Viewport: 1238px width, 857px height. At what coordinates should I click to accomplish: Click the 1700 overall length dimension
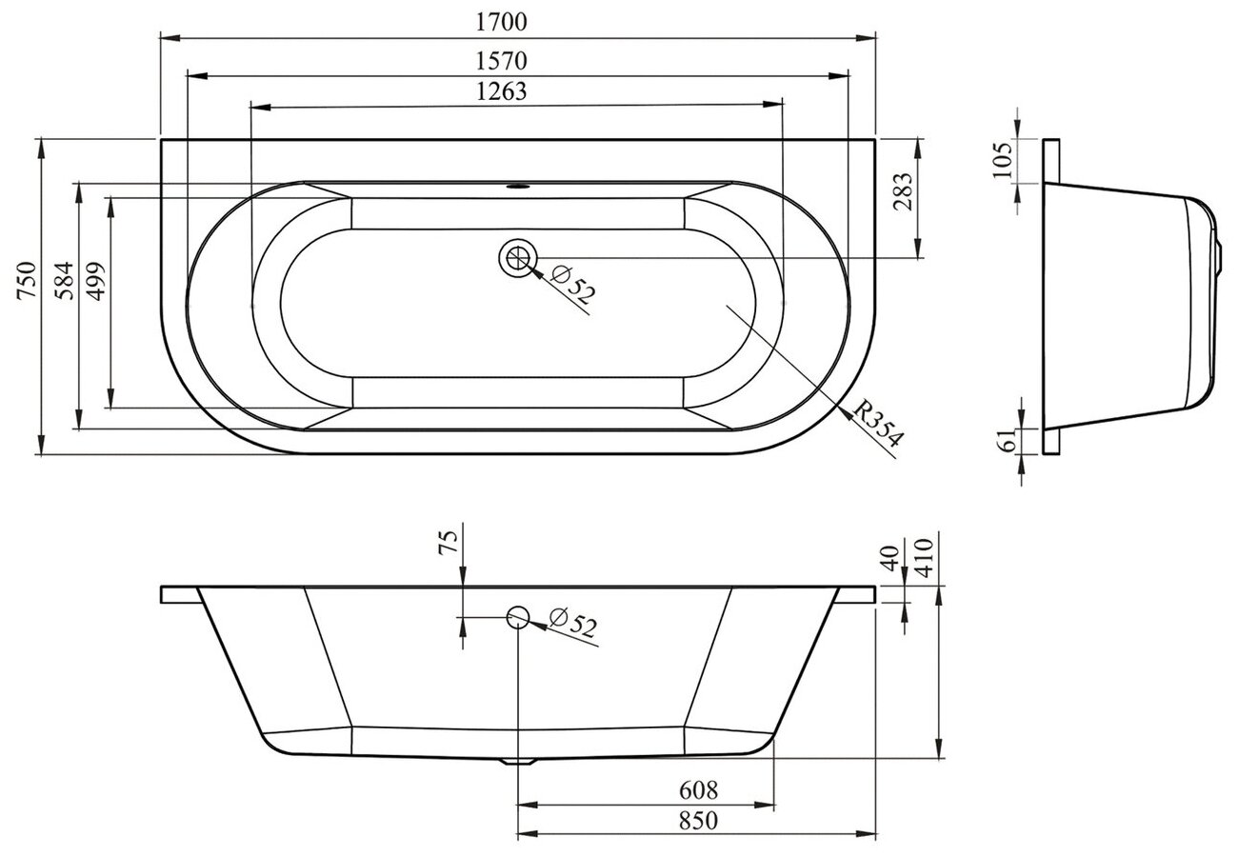pyautogui.click(x=501, y=22)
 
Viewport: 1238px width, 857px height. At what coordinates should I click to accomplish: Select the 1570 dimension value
pyautogui.click(x=501, y=60)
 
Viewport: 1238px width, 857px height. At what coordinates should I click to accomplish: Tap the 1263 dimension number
pyautogui.click(x=501, y=91)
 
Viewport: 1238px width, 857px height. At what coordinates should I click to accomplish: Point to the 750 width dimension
pyautogui.click(x=27, y=281)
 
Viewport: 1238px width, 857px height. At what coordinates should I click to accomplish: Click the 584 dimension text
pyautogui.click(x=64, y=281)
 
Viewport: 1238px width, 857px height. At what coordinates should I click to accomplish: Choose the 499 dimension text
pyautogui.click(x=96, y=281)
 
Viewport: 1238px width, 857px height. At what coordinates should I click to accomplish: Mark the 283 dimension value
pyautogui.click(x=902, y=191)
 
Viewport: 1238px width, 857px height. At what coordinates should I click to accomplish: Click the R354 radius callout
pyautogui.click(x=878, y=423)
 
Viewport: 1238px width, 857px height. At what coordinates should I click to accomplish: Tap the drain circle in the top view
pyautogui.click(x=518, y=257)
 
